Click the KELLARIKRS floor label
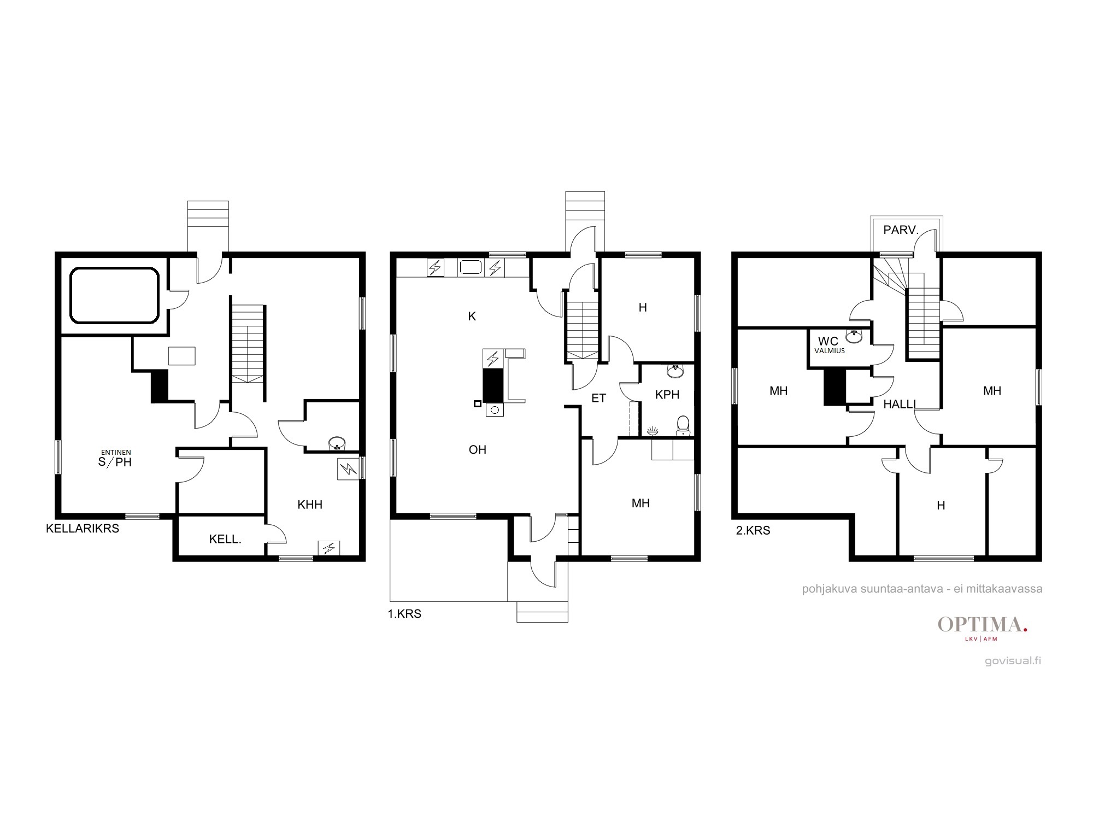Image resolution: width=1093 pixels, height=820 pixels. tap(83, 529)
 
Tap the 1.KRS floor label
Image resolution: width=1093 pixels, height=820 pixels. tap(404, 614)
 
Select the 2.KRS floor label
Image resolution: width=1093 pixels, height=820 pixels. tap(753, 530)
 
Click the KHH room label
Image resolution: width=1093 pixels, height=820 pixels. tap(310, 505)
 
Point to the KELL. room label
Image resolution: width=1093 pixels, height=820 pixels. tap(225, 540)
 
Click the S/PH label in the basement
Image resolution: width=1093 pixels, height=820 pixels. tap(115, 462)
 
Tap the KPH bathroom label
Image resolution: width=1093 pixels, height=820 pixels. tap(667, 395)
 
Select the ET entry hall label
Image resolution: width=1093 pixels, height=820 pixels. tap(599, 398)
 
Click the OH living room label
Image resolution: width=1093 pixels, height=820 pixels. tap(478, 449)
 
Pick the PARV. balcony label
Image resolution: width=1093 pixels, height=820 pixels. tap(901, 230)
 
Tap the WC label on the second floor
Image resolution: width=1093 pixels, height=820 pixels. tap(828, 342)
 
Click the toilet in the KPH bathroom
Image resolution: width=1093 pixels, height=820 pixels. tap(683, 425)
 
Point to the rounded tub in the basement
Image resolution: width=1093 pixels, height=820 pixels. tap(114, 295)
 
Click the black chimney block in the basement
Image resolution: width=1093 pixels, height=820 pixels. tap(159, 386)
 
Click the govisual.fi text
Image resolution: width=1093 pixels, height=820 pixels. tap(1013, 660)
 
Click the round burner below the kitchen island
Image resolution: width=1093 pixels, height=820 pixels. tap(495, 409)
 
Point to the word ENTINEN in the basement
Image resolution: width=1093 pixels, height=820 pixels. tap(116, 452)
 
